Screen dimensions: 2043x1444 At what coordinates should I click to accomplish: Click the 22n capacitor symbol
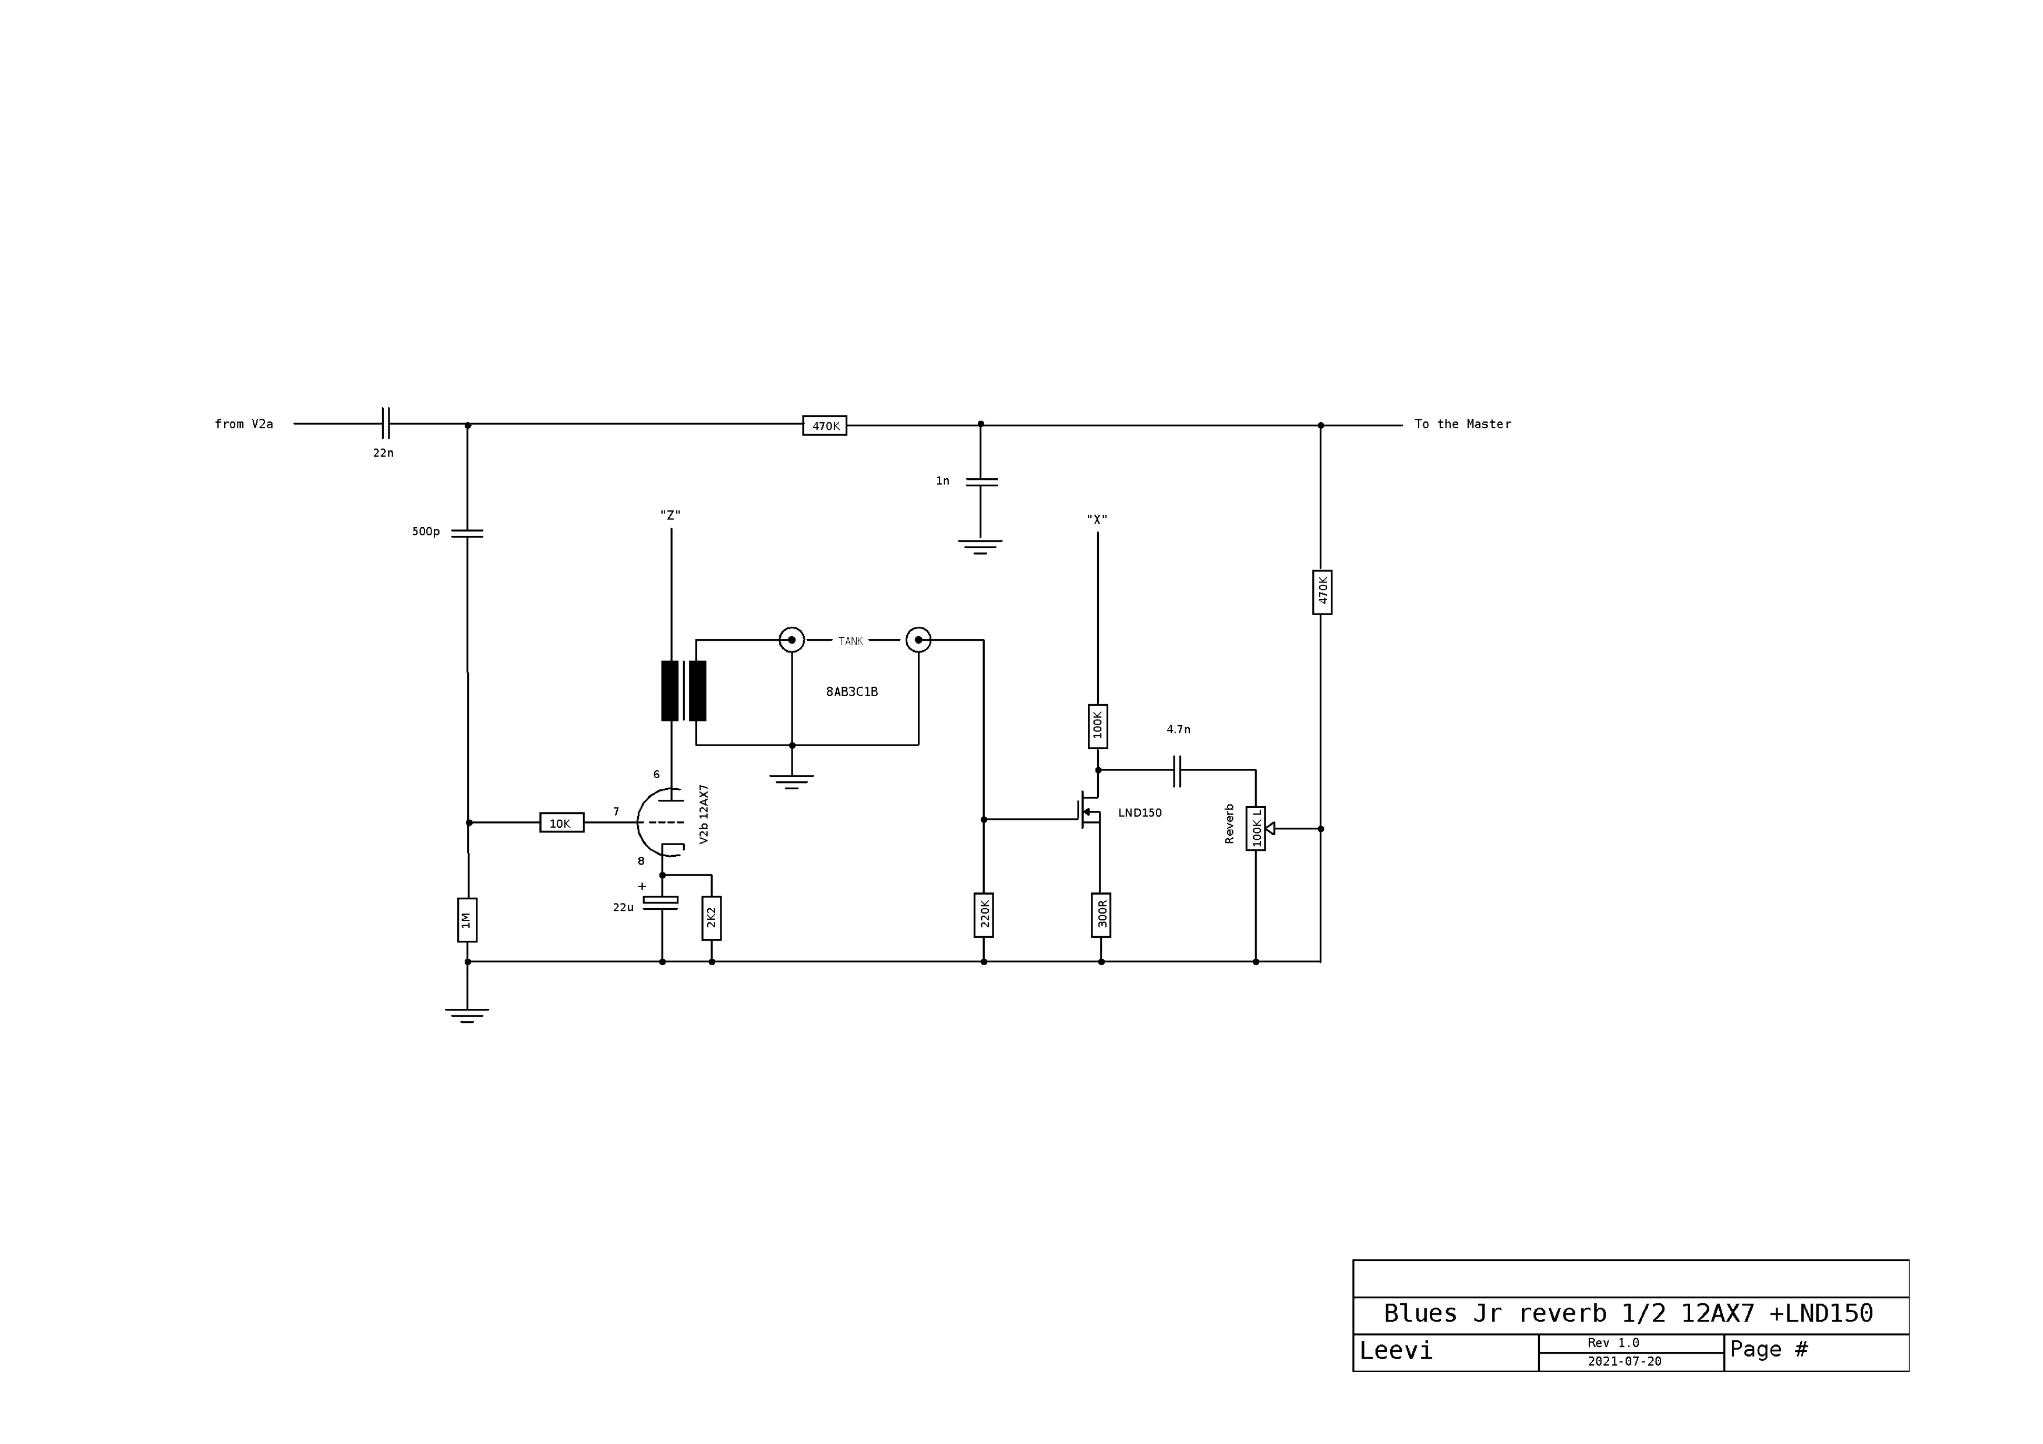click(386, 423)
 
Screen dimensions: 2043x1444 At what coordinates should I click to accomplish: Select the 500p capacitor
click(467, 533)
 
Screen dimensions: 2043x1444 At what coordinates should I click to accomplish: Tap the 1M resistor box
click(467, 919)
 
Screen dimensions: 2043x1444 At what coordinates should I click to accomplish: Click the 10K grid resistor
click(561, 823)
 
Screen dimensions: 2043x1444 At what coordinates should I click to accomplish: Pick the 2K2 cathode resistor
click(711, 917)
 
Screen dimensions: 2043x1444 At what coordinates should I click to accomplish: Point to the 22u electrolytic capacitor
click(660, 903)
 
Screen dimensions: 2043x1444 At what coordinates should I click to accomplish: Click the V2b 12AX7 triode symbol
click(661, 822)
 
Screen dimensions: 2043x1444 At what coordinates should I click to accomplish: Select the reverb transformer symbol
click(683, 690)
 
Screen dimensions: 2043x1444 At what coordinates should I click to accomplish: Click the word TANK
click(851, 641)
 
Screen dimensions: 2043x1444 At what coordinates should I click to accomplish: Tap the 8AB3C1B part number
click(851, 691)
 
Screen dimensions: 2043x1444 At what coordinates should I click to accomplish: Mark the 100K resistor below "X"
click(1097, 726)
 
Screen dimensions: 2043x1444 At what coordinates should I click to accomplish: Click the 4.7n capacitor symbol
click(1176, 771)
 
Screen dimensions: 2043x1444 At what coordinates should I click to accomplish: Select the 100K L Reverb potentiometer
click(1256, 828)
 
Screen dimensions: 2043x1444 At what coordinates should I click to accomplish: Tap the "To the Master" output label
click(1463, 425)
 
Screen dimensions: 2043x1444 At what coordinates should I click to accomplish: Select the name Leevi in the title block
click(1395, 1351)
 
